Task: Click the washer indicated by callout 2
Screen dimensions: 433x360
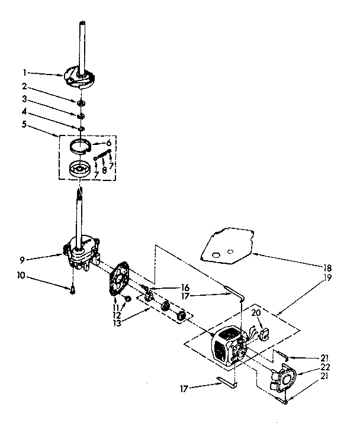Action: pyautogui.click(x=80, y=103)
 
